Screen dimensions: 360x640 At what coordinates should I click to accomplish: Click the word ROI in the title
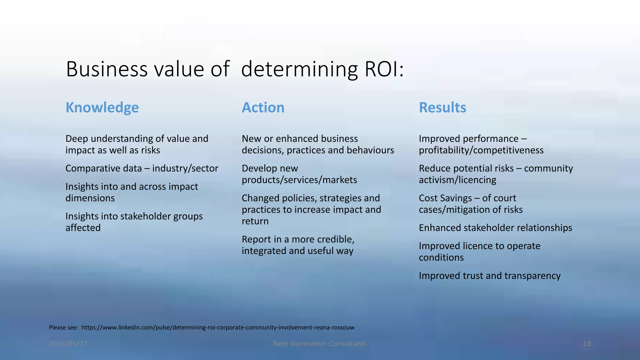click(x=381, y=69)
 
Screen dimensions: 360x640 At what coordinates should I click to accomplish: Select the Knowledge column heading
click(x=102, y=108)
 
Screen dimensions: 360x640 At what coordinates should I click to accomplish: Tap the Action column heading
click(x=263, y=108)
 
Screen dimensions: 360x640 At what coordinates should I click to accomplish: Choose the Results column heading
click(x=442, y=108)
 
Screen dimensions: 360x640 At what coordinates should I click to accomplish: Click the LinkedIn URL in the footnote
click(x=218, y=327)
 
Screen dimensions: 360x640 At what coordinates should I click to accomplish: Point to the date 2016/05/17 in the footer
click(x=68, y=344)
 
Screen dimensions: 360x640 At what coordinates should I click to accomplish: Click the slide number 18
click(x=587, y=344)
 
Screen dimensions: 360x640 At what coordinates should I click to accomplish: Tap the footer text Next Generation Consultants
click(x=320, y=344)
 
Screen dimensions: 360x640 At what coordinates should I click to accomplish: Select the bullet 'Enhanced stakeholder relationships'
click(x=495, y=228)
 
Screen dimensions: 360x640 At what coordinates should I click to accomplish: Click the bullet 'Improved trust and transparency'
click(x=489, y=276)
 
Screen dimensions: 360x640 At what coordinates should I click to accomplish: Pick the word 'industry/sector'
click(x=185, y=168)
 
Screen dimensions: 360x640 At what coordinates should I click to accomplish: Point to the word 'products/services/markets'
click(x=299, y=180)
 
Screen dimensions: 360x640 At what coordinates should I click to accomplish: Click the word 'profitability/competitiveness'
click(x=481, y=150)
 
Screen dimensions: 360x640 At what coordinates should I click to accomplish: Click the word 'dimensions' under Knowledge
click(x=90, y=198)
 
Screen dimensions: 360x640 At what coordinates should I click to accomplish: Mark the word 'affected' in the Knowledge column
click(x=83, y=228)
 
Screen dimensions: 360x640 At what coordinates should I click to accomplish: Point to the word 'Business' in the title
click(x=107, y=69)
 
